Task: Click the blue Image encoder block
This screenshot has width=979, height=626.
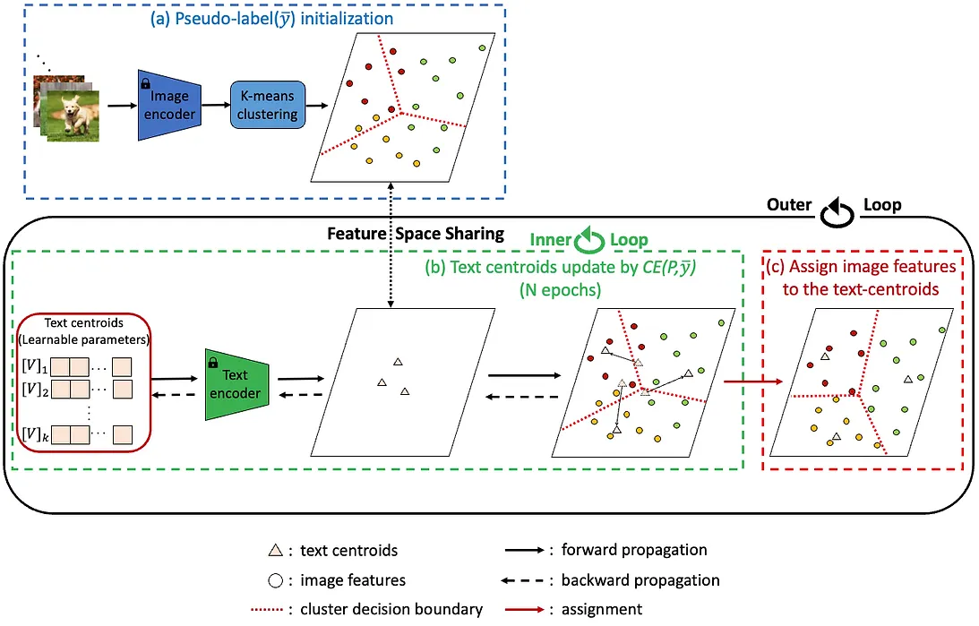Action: coord(167,105)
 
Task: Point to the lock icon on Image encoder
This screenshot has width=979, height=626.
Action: coord(145,82)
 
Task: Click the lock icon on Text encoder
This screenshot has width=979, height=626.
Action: coord(212,363)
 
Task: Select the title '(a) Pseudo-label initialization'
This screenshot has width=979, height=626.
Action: coord(266,18)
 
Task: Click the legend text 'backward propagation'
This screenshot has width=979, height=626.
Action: coord(640,579)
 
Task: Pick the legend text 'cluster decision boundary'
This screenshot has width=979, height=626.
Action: coord(392,609)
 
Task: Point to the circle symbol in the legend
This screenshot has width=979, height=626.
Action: coord(276,579)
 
